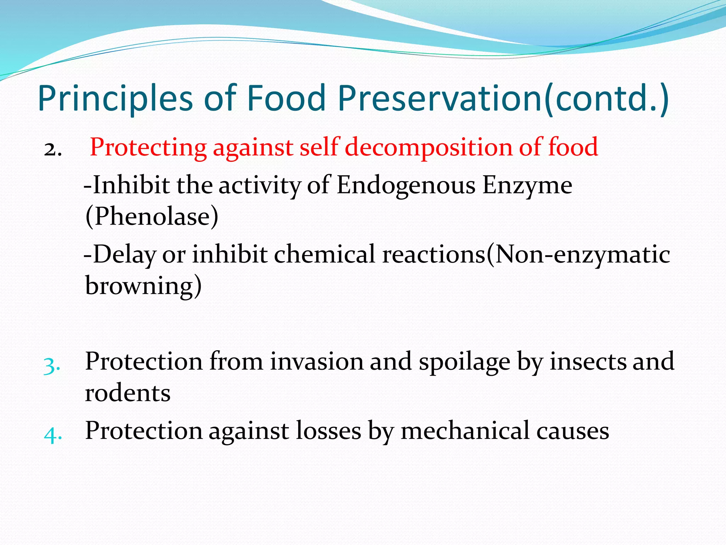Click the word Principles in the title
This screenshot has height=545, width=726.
(x=115, y=98)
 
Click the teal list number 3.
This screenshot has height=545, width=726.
(x=52, y=365)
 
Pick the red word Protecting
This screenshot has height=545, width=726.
(x=148, y=147)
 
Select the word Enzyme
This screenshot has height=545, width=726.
(x=527, y=185)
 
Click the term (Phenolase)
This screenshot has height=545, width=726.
(x=152, y=216)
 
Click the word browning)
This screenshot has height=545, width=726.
(x=143, y=286)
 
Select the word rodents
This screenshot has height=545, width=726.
(x=128, y=393)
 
